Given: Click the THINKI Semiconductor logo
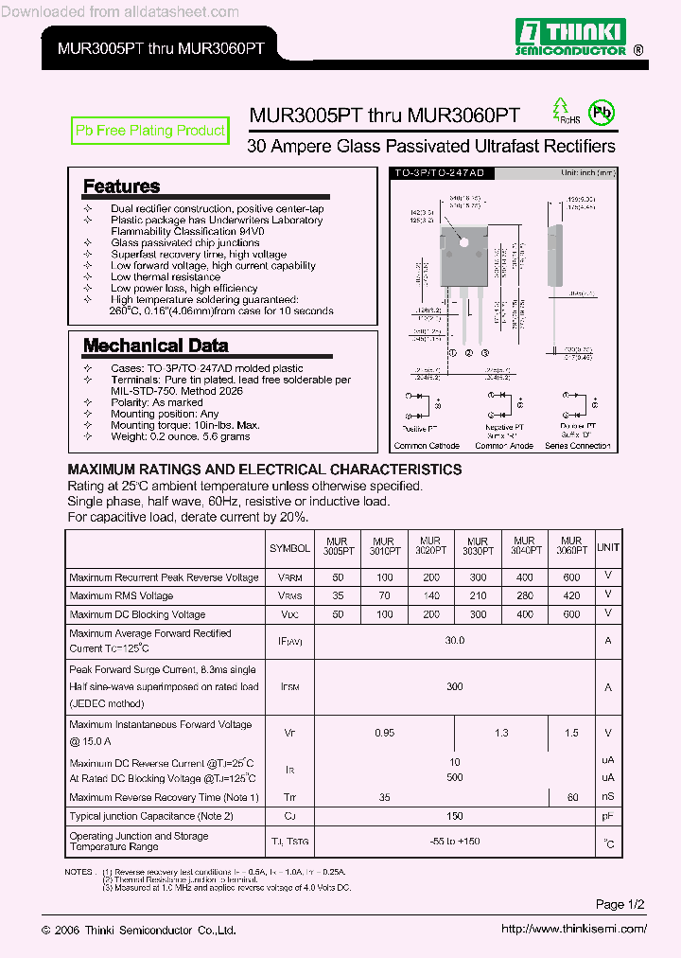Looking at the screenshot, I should (x=568, y=37).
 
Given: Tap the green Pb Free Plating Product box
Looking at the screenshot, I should (x=150, y=131).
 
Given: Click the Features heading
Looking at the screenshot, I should (x=121, y=186).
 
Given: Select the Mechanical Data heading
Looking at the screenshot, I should (x=155, y=346).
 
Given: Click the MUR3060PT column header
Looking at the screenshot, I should (x=571, y=546).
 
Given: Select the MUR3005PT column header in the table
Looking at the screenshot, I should (x=337, y=546).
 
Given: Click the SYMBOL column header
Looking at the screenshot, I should (x=289, y=548).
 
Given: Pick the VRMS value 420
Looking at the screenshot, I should (x=571, y=595).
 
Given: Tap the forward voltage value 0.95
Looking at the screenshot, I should (x=384, y=733).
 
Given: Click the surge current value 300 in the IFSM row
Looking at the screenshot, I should (x=455, y=687).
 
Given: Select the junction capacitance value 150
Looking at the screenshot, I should (x=455, y=816).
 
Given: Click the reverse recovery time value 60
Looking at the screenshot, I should (x=572, y=798).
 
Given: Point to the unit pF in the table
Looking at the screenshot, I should (x=608, y=816).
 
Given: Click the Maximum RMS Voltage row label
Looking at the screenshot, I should (x=121, y=595).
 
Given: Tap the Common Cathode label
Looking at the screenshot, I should (x=427, y=446).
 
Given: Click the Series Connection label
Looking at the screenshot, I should (x=578, y=446).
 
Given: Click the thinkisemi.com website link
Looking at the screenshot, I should (x=573, y=929).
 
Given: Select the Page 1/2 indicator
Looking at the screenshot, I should (x=620, y=905).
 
